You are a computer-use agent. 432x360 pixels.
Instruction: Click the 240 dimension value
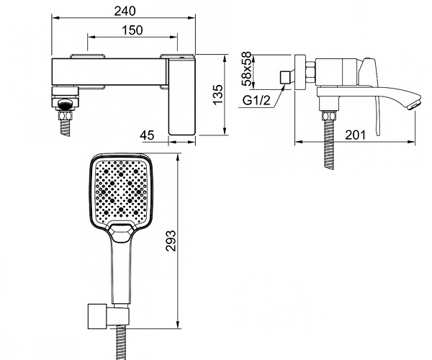[125, 11]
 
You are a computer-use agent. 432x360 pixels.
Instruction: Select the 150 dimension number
[132, 30]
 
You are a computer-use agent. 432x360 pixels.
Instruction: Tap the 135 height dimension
[218, 95]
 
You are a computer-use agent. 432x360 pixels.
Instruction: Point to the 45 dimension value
[147, 135]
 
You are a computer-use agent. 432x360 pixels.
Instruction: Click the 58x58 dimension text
[246, 69]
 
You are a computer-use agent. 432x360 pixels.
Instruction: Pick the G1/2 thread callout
[256, 101]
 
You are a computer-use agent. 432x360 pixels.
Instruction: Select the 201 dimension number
[355, 135]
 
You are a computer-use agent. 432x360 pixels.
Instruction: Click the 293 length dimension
[171, 240]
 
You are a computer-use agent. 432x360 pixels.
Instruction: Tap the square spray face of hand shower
[120, 190]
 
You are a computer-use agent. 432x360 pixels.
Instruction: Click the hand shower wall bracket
[108, 317]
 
